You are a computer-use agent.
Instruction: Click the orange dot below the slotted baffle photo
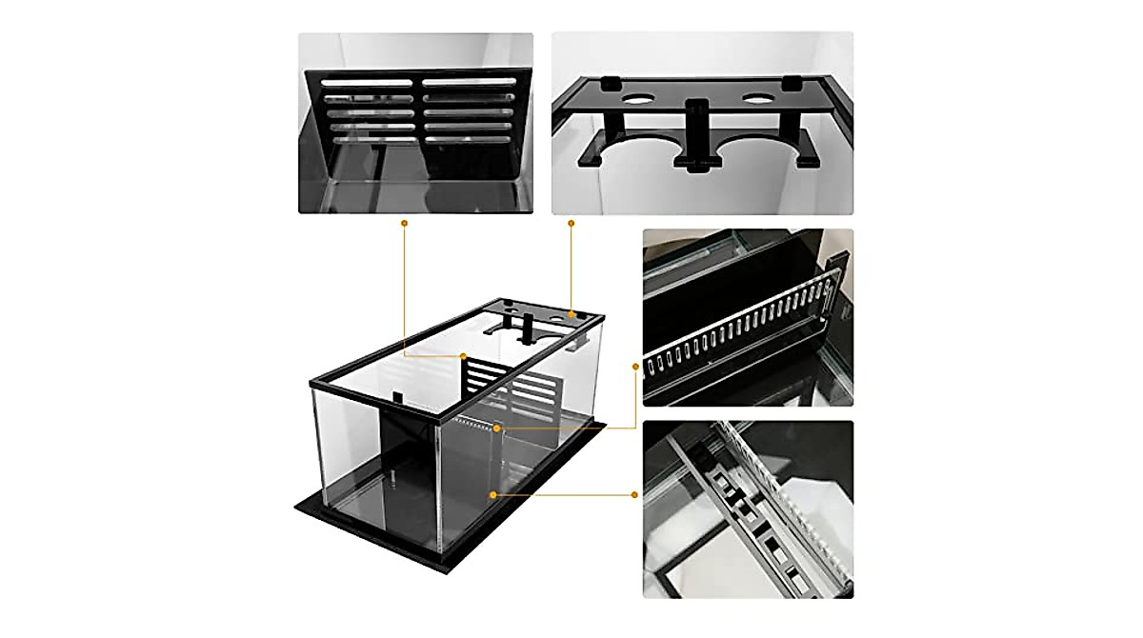point(404,223)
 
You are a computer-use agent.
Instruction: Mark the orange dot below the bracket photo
point(571,223)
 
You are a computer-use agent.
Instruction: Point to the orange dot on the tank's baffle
point(464,355)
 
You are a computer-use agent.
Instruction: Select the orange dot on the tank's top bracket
point(571,313)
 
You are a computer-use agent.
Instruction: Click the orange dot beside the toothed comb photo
point(635,364)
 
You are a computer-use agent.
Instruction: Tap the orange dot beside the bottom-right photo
point(635,494)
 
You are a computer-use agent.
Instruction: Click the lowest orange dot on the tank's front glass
point(492,494)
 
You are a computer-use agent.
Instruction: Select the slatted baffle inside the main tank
point(514,390)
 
